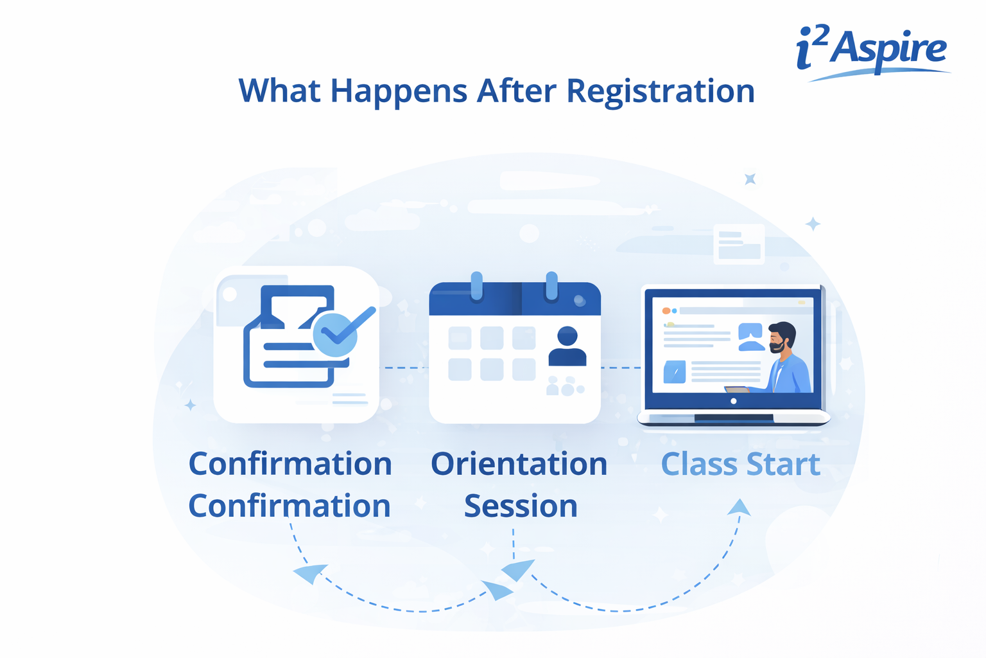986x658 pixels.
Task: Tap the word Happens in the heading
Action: tap(398, 91)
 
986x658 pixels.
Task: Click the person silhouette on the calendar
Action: tap(567, 346)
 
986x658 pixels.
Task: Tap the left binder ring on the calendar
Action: tap(476, 285)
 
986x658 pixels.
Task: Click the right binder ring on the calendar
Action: tap(551, 285)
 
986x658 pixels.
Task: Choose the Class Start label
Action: tap(740, 464)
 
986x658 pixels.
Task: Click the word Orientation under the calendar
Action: tap(519, 464)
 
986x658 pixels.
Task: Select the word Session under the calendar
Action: tap(521, 506)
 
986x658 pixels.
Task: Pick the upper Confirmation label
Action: tap(290, 464)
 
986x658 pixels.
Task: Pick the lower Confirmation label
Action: tap(290, 506)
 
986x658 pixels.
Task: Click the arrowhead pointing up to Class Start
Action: tap(739, 507)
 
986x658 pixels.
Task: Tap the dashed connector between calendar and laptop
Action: tap(621, 368)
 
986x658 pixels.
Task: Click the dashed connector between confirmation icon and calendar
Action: tap(405, 368)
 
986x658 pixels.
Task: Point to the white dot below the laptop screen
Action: tap(734, 401)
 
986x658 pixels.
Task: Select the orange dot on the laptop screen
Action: tap(666, 311)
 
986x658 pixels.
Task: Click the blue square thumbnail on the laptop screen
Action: tap(674, 371)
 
